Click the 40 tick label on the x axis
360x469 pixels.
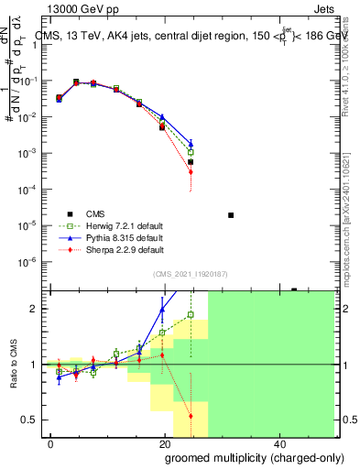tap(278, 443)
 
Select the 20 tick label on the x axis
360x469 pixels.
tap(165, 443)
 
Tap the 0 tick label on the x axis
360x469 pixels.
tap(51, 443)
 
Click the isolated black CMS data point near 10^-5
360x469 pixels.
tap(231, 215)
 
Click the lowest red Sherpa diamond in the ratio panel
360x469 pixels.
tap(191, 416)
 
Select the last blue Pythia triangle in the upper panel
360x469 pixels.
tap(191, 144)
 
